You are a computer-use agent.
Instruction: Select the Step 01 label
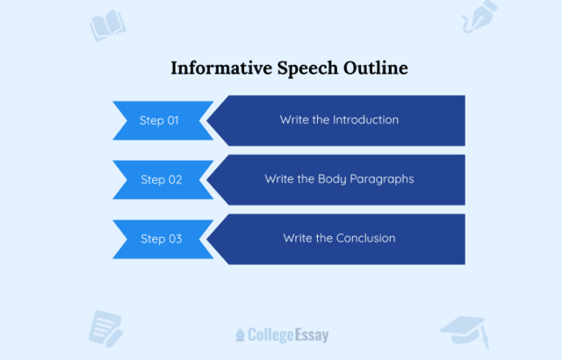click(x=159, y=120)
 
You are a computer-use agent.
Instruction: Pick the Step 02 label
click(x=161, y=179)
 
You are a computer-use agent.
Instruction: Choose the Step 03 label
click(x=161, y=238)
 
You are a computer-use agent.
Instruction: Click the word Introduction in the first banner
click(x=365, y=119)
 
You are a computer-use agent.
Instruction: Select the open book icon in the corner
click(x=107, y=25)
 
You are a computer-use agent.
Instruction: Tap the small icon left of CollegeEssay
click(x=241, y=335)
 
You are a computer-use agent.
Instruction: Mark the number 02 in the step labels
click(x=174, y=179)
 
